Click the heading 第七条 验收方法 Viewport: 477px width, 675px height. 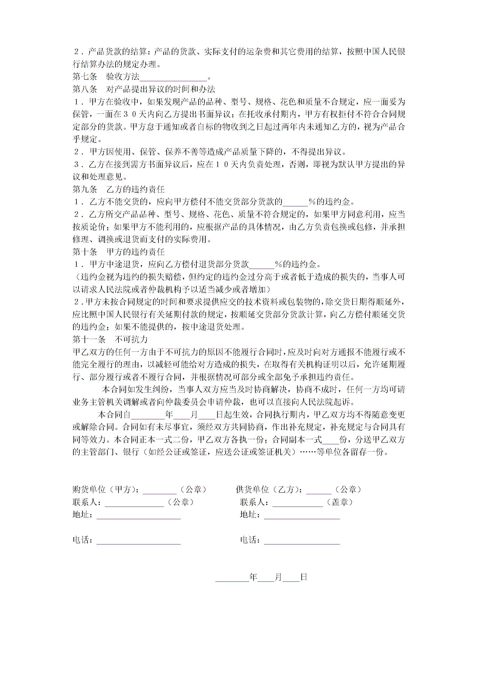[106, 77]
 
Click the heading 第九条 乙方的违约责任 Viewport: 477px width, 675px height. [119, 190]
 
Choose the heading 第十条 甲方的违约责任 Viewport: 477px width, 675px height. [119, 252]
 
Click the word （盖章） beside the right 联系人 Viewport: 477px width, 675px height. [340, 502]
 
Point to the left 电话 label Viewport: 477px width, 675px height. [82, 540]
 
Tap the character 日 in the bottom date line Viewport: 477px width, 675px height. [303, 577]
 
